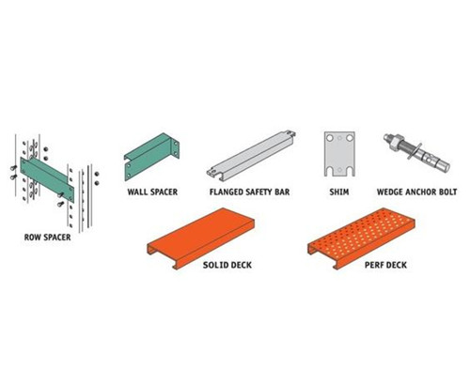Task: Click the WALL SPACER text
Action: [x=152, y=189]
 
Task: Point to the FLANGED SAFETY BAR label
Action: [x=250, y=189]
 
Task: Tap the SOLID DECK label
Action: [x=228, y=266]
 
